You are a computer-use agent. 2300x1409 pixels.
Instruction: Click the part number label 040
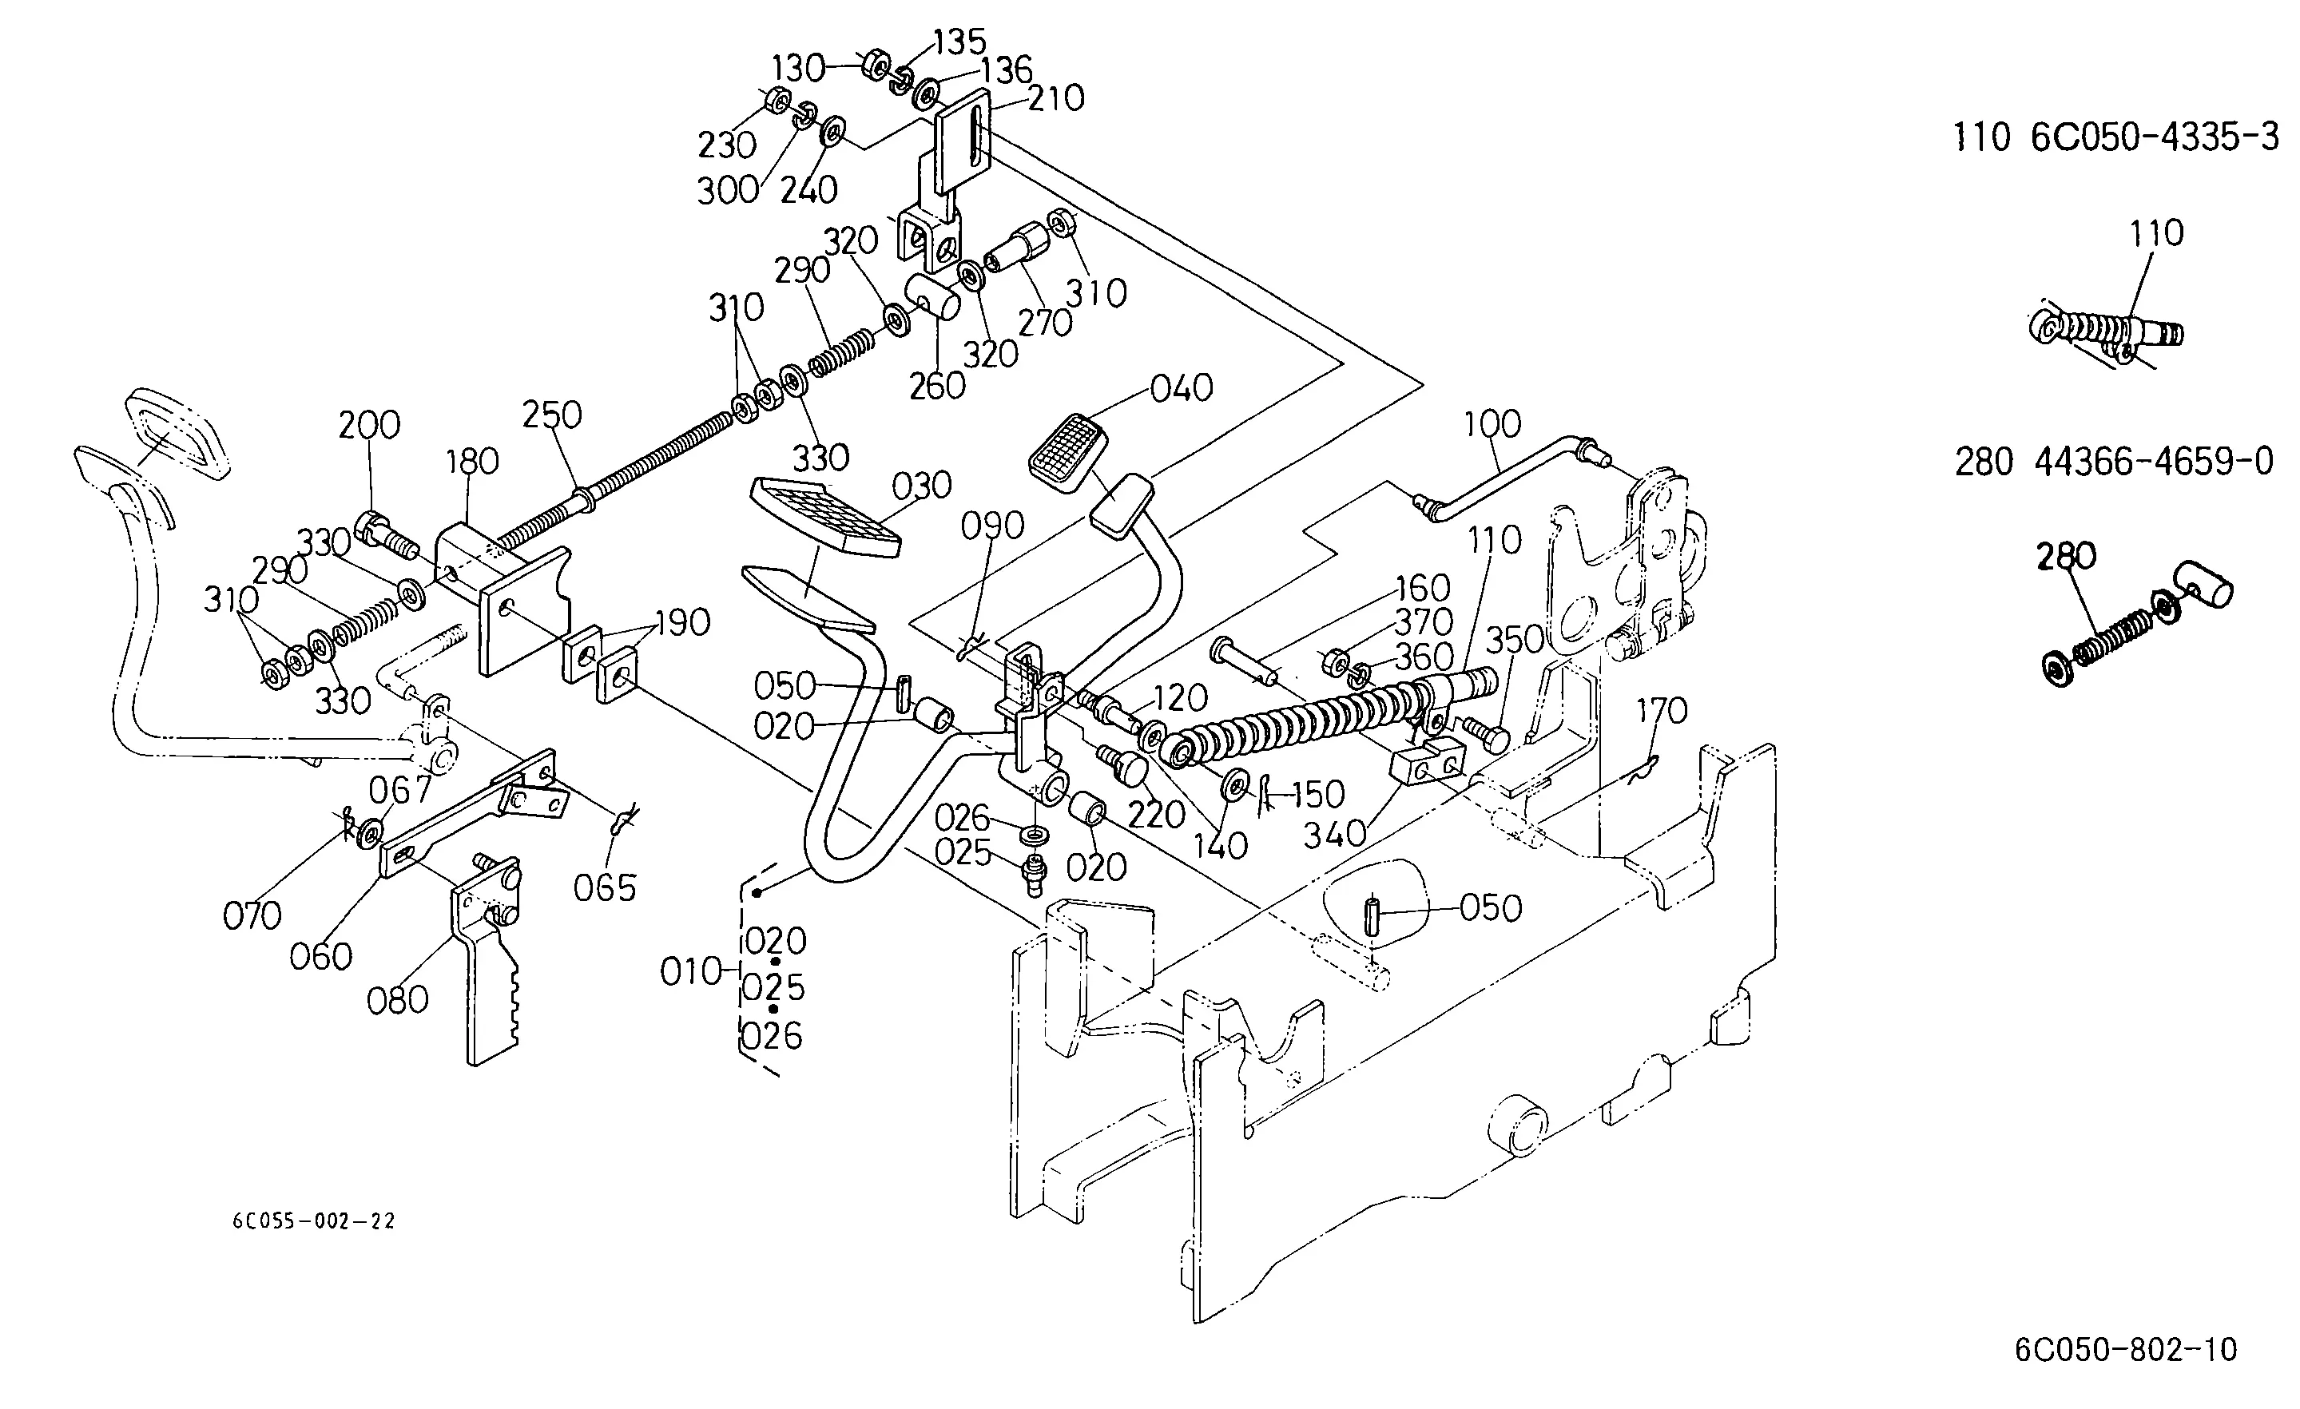(1181, 387)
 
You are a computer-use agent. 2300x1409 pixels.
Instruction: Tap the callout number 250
(552, 415)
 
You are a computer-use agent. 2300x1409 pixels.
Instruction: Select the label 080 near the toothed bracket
(398, 1000)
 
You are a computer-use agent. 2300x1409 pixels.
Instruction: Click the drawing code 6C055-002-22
(314, 1221)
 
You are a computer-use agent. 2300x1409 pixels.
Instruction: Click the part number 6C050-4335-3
(2155, 138)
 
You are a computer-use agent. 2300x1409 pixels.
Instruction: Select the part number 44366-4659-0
(2155, 461)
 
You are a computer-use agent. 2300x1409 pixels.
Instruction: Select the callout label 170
(1662, 711)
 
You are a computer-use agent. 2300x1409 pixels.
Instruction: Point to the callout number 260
(937, 385)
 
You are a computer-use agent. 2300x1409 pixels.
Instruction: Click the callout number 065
(605, 888)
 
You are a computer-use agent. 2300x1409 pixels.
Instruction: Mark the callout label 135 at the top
(959, 42)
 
